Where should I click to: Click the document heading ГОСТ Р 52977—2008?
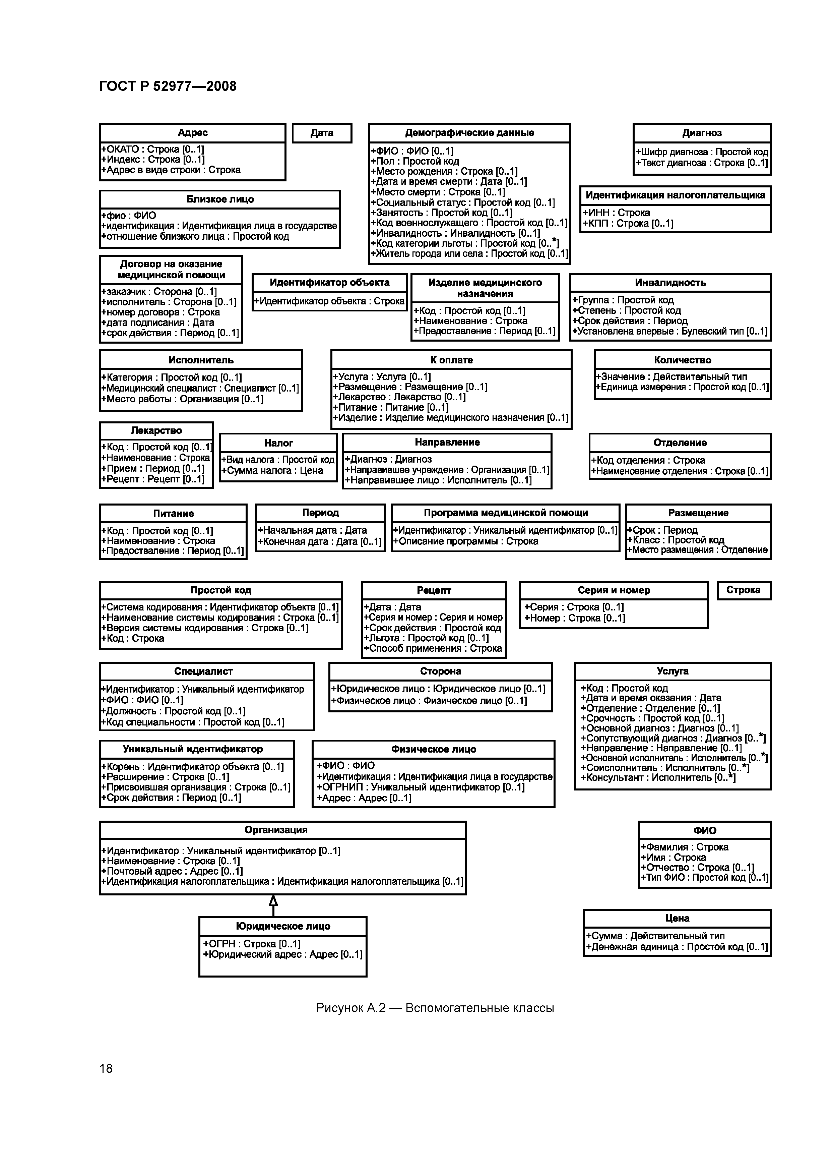[x=168, y=86]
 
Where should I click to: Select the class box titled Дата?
[x=322, y=133]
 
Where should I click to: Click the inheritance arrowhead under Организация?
[x=273, y=900]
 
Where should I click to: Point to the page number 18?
[x=106, y=1068]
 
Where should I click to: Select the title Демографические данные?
[x=469, y=133]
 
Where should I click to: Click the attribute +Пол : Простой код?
[x=415, y=161]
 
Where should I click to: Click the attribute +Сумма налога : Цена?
[x=272, y=471]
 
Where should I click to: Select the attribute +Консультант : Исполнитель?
[x=658, y=777]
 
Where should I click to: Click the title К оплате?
[x=451, y=360]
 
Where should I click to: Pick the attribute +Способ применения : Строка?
[x=433, y=648]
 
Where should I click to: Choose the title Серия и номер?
[x=614, y=590]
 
